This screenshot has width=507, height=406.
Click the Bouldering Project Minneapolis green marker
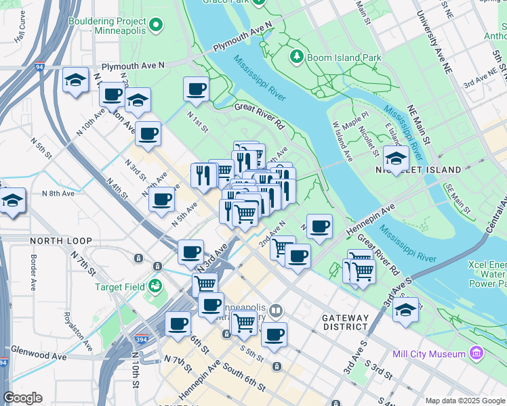pyautogui.click(x=157, y=26)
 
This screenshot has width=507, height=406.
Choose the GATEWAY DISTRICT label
pyautogui.click(x=345, y=323)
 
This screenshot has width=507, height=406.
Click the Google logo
pyautogui.click(x=22, y=398)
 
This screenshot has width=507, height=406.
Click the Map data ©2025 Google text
pyautogui.click(x=465, y=401)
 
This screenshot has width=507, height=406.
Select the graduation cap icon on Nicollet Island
pyautogui.click(x=396, y=158)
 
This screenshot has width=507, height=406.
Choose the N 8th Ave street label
pyautogui.click(x=58, y=194)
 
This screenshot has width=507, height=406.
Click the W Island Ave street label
pyautogui.click(x=343, y=141)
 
